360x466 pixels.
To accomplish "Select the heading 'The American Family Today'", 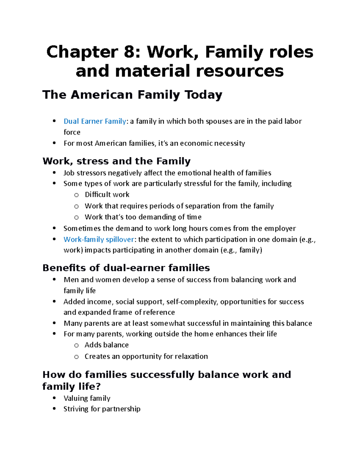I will tap(132, 95).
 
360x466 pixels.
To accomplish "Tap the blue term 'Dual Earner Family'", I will tap(94, 121).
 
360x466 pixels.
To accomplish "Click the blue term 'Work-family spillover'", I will tap(99, 239).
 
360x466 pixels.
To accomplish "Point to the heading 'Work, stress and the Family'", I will tap(116, 161).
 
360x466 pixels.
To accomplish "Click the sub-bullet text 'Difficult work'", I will tap(107, 195).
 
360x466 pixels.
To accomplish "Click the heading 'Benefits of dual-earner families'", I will tap(126, 268).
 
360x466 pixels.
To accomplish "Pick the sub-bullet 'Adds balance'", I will tap(106, 345).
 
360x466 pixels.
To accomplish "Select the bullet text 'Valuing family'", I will tap(87, 398).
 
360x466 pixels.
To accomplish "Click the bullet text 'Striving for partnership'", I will tap(102, 409).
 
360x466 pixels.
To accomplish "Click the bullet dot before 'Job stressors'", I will tap(54, 173).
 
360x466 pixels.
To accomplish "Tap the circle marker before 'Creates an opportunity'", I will tap(76, 357).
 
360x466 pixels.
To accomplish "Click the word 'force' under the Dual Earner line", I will tap(72, 132).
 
